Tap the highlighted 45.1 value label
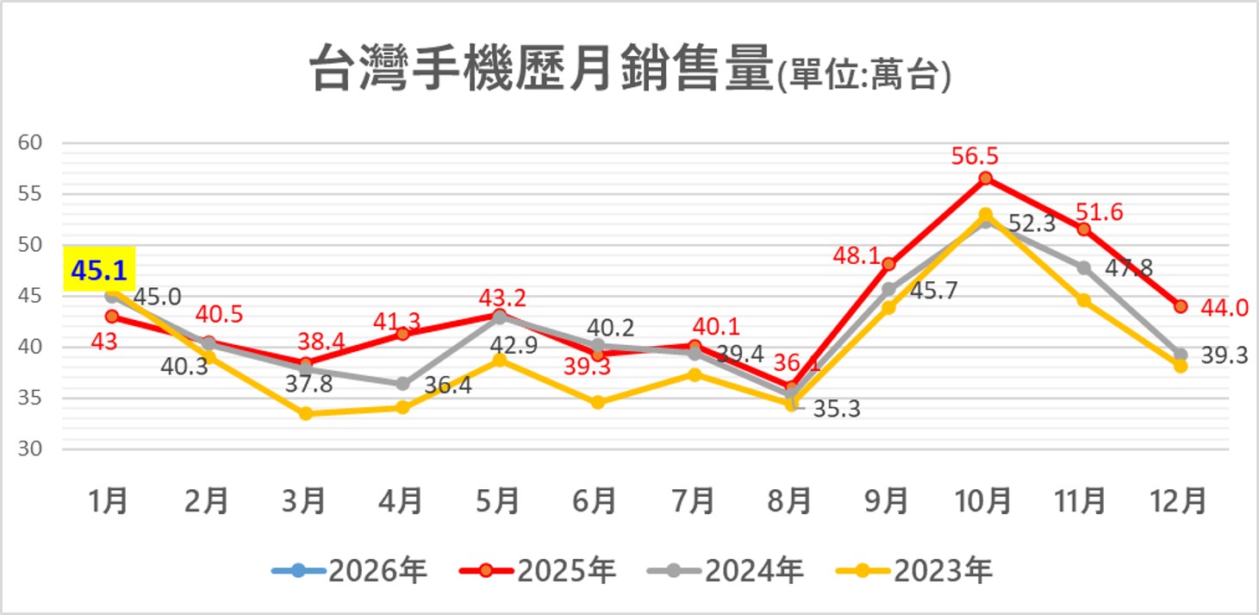coord(98,271)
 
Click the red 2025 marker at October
coord(986,179)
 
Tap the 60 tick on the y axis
coord(30,143)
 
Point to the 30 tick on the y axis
coord(30,449)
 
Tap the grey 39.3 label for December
coord(1224,355)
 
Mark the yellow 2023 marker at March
coord(305,414)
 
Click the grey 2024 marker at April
coord(402,384)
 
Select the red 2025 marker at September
coord(888,264)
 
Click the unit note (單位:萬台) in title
coord(864,76)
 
